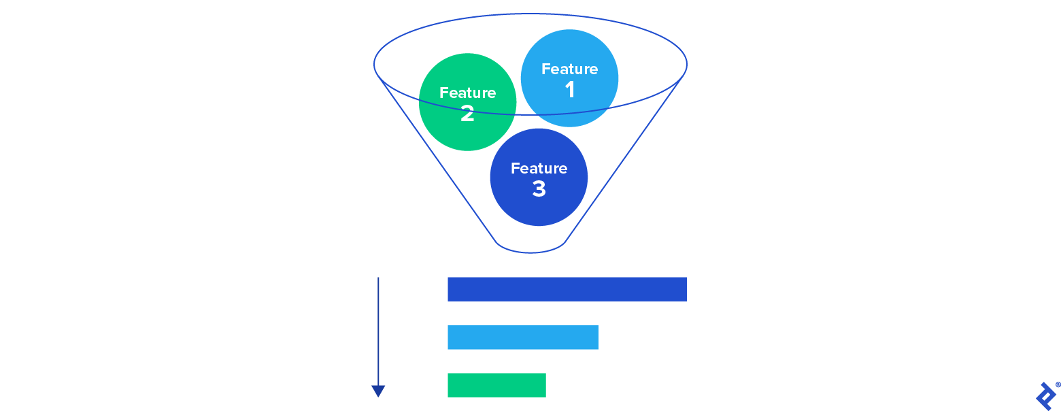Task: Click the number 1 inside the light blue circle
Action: pyautogui.click(x=570, y=90)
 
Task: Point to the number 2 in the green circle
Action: pyautogui.click(x=467, y=114)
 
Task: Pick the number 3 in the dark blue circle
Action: pyautogui.click(x=539, y=188)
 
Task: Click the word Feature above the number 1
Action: pyautogui.click(x=569, y=69)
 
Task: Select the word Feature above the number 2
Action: pyautogui.click(x=467, y=93)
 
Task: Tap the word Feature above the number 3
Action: pyautogui.click(x=539, y=168)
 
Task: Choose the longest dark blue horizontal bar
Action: pyautogui.click(x=567, y=289)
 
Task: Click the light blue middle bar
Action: pyautogui.click(x=522, y=338)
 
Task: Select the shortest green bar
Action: pyautogui.click(x=496, y=385)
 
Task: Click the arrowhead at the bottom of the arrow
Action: pyautogui.click(x=378, y=391)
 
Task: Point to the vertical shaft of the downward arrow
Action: pyautogui.click(x=378, y=327)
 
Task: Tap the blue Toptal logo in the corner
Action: pyautogui.click(x=1044, y=396)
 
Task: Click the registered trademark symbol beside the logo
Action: pyautogui.click(x=1058, y=384)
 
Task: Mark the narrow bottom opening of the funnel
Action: pyautogui.click(x=530, y=250)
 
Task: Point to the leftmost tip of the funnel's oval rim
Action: pyautogui.click(x=374, y=64)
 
